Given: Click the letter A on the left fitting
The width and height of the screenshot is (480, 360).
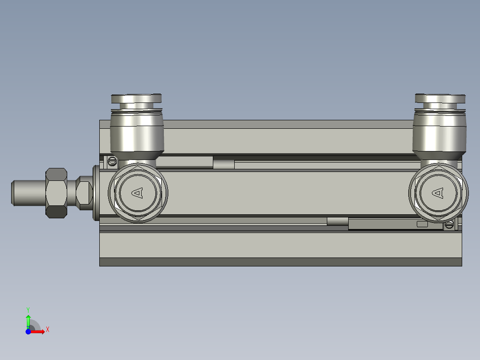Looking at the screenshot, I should coord(138,192).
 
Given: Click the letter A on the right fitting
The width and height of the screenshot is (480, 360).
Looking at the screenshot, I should coord(439,192).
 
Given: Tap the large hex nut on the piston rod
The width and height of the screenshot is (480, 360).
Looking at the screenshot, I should coord(57,192).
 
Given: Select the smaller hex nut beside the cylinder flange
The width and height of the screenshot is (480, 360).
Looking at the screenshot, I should coord(84,192).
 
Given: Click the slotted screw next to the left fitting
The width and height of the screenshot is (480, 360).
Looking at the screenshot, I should coord(112,161).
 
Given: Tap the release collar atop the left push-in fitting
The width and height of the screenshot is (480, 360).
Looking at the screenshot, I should coord(136,99).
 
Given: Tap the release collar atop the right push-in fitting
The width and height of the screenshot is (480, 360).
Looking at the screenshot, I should coord(440,98).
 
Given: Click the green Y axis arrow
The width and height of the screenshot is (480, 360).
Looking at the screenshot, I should coord(28,320).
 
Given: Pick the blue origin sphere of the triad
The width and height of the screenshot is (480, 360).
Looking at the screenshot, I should coord(28,331).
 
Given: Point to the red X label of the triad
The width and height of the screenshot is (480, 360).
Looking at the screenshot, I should coord(48,330).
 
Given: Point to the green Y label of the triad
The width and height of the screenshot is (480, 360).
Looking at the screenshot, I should coord(28,309).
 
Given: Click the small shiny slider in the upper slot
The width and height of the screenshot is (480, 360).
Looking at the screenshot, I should coord(224,164).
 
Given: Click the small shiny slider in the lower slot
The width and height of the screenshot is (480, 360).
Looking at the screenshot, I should coord(337,221).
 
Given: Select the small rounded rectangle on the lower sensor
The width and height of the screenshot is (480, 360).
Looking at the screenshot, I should coord(422,224).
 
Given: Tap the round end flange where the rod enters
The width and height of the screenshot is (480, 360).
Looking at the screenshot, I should coord(96,192).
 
